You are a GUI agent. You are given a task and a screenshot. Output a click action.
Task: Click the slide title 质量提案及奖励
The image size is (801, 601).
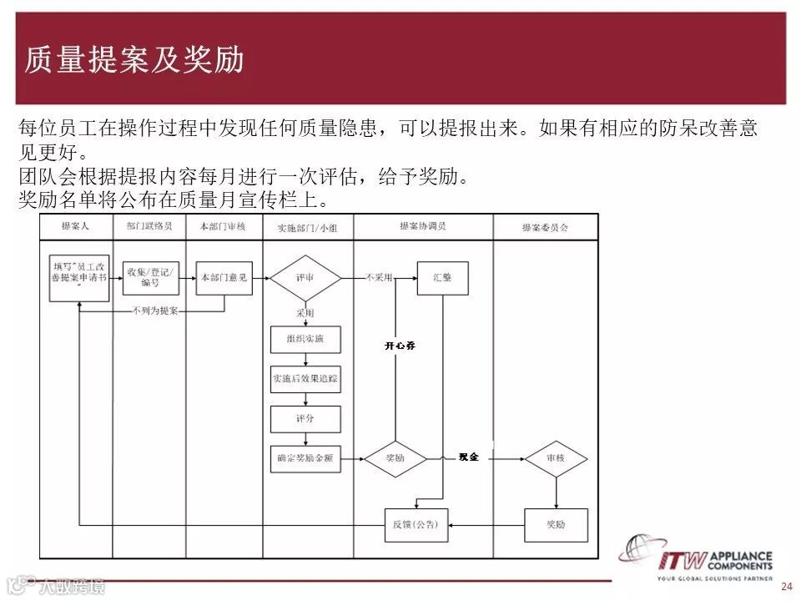pos(134,59)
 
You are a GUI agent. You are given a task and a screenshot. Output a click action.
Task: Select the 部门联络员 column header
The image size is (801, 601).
pos(149,226)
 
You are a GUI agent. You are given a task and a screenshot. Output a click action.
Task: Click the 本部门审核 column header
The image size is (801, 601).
pos(223,226)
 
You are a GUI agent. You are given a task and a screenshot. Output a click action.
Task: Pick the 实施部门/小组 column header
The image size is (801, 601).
pos(307,227)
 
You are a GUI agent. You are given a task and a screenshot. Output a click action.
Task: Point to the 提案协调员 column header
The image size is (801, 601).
pos(422,226)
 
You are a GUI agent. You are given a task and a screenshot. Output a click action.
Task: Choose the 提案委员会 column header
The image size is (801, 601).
pos(545,227)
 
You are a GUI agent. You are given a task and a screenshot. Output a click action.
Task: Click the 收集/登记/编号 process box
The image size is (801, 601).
pos(150,277)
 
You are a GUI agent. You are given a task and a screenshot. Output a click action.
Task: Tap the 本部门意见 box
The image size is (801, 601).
pos(224,277)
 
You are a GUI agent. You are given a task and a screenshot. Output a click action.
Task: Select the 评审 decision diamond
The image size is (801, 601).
pos(305,277)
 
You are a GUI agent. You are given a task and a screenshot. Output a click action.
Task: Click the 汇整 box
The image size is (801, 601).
pos(442,277)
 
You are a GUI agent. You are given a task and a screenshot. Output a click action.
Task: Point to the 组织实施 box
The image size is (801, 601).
pos(305,340)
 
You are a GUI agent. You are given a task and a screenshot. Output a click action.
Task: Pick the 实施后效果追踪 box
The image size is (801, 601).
pos(305,379)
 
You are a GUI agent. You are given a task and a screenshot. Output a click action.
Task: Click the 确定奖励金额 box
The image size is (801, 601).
pos(305,457)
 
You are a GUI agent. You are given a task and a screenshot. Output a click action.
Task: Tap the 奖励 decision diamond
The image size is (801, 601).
pos(395,457)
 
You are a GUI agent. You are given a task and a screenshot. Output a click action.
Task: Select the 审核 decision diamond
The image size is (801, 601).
pos(556,458)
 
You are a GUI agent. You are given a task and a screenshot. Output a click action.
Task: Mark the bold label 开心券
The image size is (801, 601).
pos(400,345)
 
